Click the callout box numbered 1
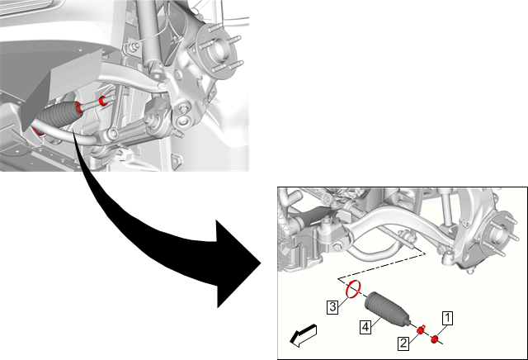click(x=447, y=318)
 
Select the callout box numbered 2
click(x=403, y=343)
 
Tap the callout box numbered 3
click(x=332, y=307)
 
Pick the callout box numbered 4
click(x=365, y=327)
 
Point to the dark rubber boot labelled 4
click(x=387, y=309)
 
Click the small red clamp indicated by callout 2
click(x=420, y=330)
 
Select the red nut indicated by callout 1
click(x=435, y=339)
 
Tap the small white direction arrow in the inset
click(x=303, y=336)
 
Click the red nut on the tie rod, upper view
click(x=103, y=101)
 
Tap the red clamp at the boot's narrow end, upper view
click(x=79, y=107)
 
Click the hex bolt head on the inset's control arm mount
click(x=337, y=247)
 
